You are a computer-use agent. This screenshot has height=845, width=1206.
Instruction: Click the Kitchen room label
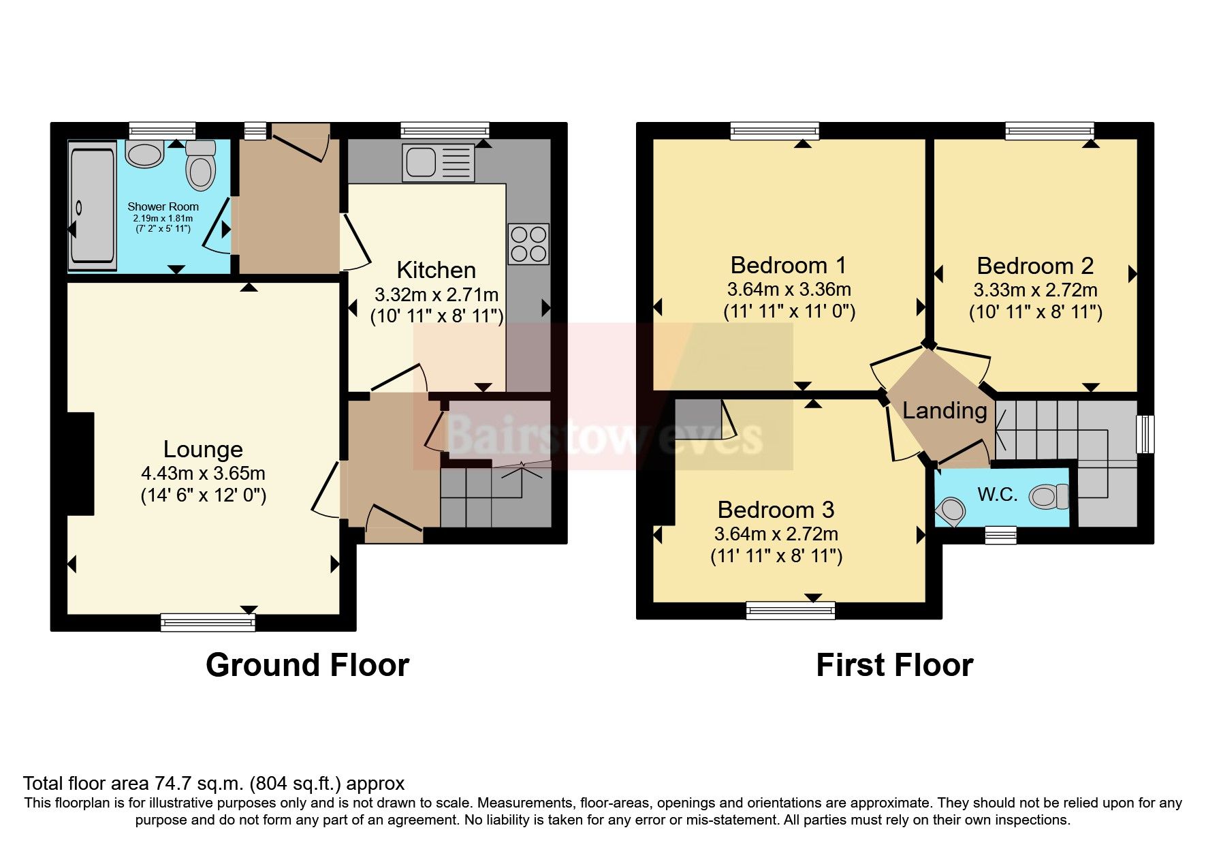tap(436, 271)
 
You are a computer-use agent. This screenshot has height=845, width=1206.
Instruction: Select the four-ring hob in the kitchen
tap(528, 244)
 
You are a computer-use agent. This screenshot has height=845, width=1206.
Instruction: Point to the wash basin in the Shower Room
tap(145, 155)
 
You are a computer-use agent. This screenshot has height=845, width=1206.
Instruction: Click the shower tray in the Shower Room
tap(91, 206)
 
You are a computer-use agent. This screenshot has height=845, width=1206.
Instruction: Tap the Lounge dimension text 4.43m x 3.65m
tap(203, 473)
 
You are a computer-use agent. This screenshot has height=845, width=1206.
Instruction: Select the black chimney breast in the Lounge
tap(80, 463)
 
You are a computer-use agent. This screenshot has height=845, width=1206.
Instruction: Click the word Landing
tap(945, 410)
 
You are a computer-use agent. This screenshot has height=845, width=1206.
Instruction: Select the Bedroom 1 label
tap(788, 264)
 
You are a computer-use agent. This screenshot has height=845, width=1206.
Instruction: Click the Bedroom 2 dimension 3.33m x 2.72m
tap(1035, 290)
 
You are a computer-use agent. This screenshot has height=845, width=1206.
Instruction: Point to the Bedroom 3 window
tap(790, 609)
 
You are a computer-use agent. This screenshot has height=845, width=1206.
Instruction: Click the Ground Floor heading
tap(307, 665)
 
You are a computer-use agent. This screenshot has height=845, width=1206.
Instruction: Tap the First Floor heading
tap(894, 665)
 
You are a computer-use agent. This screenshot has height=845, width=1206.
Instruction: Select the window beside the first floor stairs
tap(1147, 434)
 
